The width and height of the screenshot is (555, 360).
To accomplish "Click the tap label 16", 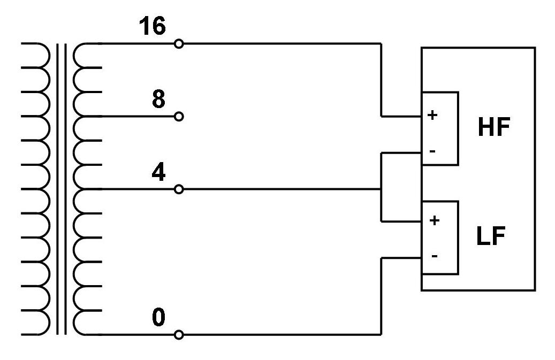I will pos(153,26).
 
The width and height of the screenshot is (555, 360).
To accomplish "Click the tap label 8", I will pos(158,99).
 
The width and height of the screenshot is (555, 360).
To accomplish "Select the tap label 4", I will pos(158,172).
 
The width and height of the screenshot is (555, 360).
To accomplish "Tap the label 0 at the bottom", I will pos(158,318).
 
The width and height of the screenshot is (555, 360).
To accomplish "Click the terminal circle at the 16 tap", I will pos(179,44).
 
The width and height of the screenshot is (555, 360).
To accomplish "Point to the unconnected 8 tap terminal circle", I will pos(179,116).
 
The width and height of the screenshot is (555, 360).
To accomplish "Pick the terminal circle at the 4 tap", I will pos(179,189).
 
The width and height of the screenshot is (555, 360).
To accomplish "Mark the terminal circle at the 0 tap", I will pos(179,335).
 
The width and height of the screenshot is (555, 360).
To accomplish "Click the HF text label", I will pos(493,128).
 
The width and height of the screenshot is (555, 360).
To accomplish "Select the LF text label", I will pos(491,236).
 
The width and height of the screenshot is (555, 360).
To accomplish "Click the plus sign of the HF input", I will pos(433,115).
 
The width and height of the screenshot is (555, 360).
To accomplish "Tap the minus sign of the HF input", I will pos(432,151).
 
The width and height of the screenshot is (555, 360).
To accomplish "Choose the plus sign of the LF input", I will pos(435,220).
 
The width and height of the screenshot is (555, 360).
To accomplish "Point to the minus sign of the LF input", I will pos(434,256).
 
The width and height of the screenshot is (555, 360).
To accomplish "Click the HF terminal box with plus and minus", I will pos(440,128).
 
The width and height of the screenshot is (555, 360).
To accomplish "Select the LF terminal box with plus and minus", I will pos(440,238).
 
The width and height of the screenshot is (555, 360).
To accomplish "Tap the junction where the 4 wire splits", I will pos(381,189).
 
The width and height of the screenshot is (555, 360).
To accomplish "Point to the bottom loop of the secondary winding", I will pos(86,323).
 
